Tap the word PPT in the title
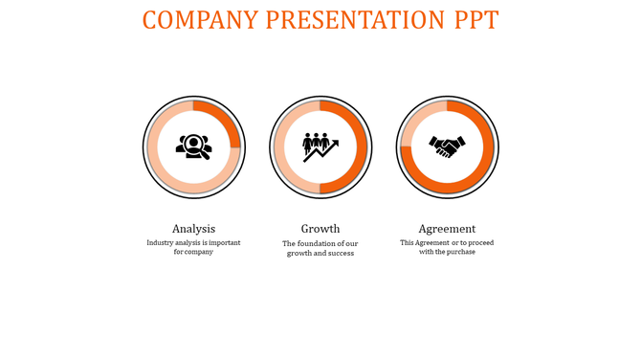pos(472,20)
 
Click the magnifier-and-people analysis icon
pos(194,146)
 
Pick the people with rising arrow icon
pos(320,146)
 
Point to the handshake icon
pos(447,146)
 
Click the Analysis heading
pos(193,229)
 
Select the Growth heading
pos(320,229)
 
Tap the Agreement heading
pos(447,229)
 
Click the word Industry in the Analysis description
pos(162,242)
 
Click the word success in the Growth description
pos(340,254)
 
